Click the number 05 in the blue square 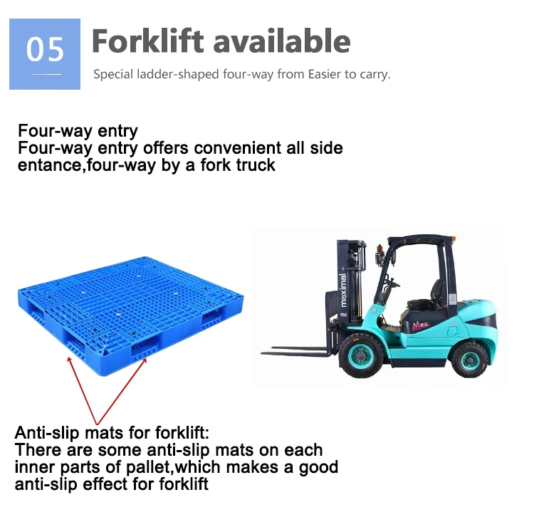pos(45,50)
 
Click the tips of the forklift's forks pos(265,350)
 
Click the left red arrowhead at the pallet pos(69,359)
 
